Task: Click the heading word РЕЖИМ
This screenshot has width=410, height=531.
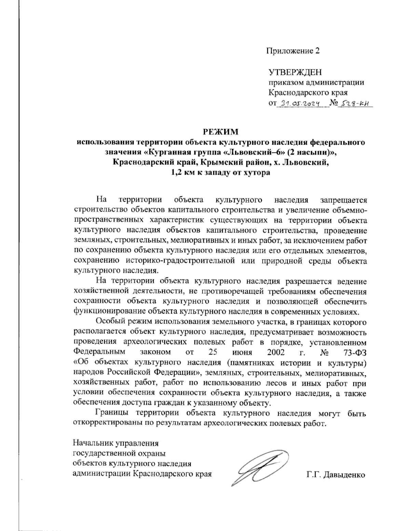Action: click(x=220, y=132)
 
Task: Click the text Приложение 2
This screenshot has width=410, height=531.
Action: click(x=293, y=51)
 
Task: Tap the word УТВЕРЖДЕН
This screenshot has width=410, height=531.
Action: click(x=295, y=72)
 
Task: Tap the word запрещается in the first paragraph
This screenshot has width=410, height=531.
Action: click(x=343, y=199)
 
